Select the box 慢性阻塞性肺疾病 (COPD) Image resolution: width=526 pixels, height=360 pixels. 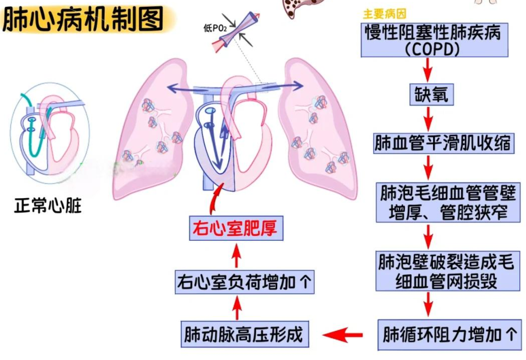pyautogui.click(x=434, y=40)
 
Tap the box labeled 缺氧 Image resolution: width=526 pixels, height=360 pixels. pyautogui.click(x=431, y=94)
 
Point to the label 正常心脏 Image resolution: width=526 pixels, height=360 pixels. pyautogui.click(x=48, y=206)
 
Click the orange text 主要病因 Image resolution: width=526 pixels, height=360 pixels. pyautogui.click(x=385, y=14)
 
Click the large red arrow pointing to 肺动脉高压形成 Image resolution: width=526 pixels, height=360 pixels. pyautogui.click(x=343, y=336)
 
